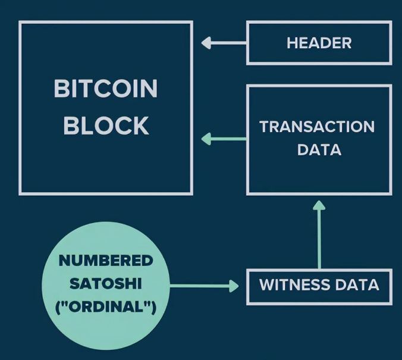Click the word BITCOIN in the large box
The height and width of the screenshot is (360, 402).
click(x=106, y=89)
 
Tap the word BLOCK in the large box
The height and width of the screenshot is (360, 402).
click(x=106, y=126)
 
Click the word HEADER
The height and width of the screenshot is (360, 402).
click(x=319, y=43)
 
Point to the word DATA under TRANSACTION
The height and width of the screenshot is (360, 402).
click(x=319, y=149)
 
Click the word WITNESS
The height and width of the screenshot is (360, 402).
click(x=287, y=284)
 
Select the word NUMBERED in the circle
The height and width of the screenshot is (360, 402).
click(x=106, y=261)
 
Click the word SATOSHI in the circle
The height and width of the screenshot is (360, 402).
click(x=106, y=284)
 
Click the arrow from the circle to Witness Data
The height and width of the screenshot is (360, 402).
click(x=202, y=286)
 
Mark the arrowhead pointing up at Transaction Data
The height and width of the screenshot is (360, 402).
click(x=319, y=206)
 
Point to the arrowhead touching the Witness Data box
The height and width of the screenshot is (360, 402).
click(x=233, y=286)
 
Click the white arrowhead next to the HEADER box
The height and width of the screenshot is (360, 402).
click(x=207, y=43)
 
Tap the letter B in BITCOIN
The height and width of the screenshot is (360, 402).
click(x=61, y=89)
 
